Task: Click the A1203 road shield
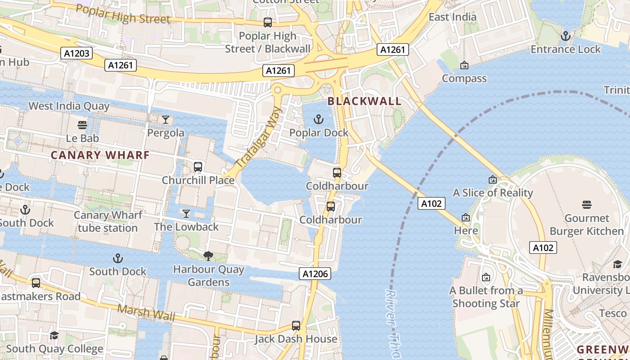pyautogui.click(x=76, y=54)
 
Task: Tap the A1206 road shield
pyautogui.click(x=315, y=274)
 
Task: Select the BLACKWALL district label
pyautogui.click(x=364, y=101)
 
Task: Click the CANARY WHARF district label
pyautogui.click(x=100, y=155)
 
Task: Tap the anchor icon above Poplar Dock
pyautogui.click(x=319, y=120)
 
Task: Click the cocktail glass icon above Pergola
pyautogui.click(x=166, y=120)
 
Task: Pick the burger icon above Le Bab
pyautogui.click(x=82, y=125)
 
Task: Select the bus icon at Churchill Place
pyautogui.click(x=198, y=167)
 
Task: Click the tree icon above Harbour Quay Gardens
pyautogui.click(x=208, y=256)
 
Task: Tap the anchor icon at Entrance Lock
pyautogui.click(x=565, y=36)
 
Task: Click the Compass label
pyautogui.click(x=464, y=78)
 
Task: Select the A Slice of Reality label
pyautogui.click(x=493, y=193)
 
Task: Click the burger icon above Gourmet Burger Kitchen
pyautogui.click(x=586, y=205)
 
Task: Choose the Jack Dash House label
pyautogui.click(x=296, y=339)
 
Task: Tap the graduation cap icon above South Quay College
pyautogui.click(x=54, y=336)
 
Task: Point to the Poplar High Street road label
pyautogui.click(x=123, y=14)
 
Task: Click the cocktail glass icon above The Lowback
pyautogui.click(x=186, y=213)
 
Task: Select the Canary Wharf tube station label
pyautogui.click(x=108, y=221)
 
